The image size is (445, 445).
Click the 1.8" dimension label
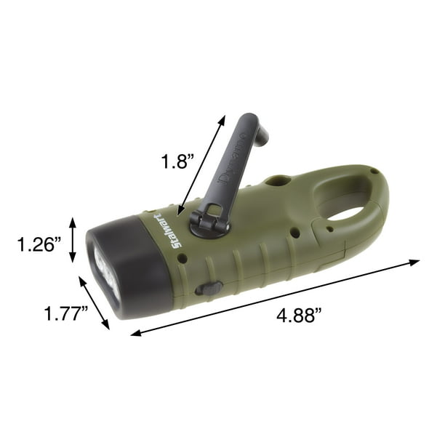pyautogui.click(x=177, y=161)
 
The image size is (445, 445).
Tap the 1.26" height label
pyautogui.click(x=39, y=244)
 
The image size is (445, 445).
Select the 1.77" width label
pyautogui.click(x=66, y=313)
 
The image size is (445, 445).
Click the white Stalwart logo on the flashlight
pyautogui.click(x=169, y=230)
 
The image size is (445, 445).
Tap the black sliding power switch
pyautogui.click(x=209, y=289)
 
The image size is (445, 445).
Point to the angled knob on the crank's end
pyautogui.click(x=262, y=133)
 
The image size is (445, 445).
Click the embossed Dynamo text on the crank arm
pyautogui.click(x=231, y=161)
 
